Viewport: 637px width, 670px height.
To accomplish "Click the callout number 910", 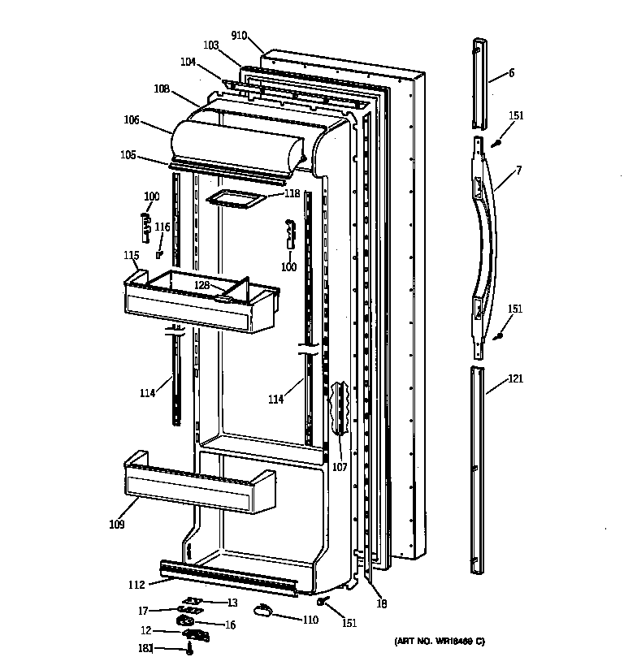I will [238, 35].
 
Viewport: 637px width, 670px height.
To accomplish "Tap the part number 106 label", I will [131, 120].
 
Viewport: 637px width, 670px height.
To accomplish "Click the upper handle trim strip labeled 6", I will [480, 82].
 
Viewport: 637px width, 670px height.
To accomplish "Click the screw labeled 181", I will [189, 650].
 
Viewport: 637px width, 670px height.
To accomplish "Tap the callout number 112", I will [136, 584].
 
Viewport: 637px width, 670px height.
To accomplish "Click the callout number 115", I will [132, 255].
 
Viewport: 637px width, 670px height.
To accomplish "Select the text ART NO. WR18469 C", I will [439, 642].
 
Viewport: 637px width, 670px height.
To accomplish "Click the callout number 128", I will [202, 285].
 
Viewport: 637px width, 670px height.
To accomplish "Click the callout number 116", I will [163, 227].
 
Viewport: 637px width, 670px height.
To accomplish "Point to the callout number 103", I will [211, 46].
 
